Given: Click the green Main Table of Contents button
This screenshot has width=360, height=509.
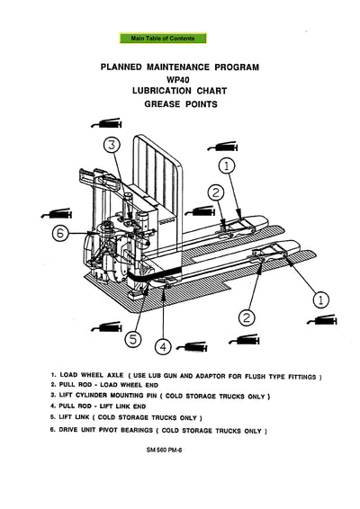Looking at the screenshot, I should coord(162,39).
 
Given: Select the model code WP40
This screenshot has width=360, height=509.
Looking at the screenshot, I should coord(181,79).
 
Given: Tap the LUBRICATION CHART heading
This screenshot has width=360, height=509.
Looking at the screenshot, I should coord(181,92).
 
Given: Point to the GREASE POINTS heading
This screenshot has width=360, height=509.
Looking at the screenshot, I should coord(181,104).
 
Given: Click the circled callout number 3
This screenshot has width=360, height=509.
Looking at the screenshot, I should coord(111,145).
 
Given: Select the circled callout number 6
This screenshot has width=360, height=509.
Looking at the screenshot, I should coord(60,233).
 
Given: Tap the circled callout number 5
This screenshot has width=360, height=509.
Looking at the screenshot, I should coord(132,339).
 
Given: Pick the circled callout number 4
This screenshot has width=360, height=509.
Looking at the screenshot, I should coord(163,345).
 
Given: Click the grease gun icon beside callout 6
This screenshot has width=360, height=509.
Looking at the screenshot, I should coord(56,215).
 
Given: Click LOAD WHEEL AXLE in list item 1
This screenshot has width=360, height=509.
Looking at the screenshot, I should coord(94,373).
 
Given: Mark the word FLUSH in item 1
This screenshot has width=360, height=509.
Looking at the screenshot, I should coord(256,373).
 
